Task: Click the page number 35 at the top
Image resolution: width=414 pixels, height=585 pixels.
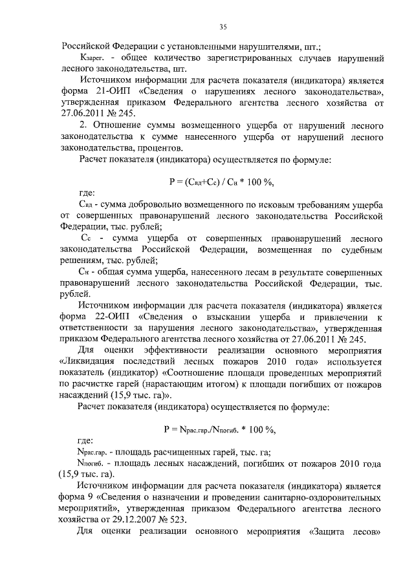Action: pyautogui.click(x=221, y=27)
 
